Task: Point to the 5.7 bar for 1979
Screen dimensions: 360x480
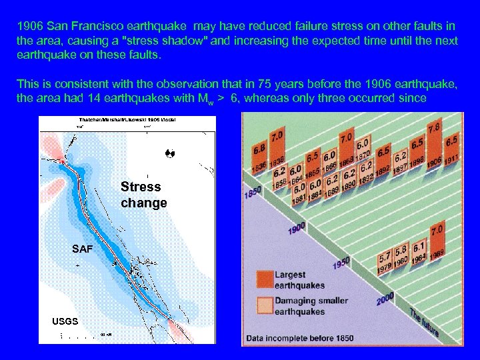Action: point(385,259)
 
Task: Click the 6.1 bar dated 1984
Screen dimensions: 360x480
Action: point(419,249)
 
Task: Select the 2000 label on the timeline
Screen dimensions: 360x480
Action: point(385,299)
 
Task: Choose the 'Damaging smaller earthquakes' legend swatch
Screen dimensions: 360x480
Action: point(265,305)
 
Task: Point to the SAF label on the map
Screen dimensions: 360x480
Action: point(83,249)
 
